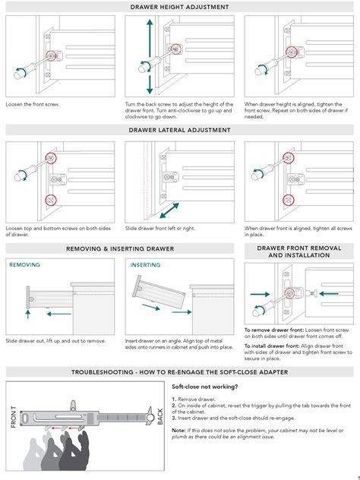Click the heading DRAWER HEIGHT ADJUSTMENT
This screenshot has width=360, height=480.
pos(179,7)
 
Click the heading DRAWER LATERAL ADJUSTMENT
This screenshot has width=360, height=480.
pos(179,130)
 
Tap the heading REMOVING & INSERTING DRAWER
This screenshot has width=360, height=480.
pos(120,248)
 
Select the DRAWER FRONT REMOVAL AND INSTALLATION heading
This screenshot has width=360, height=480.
pos(298,251)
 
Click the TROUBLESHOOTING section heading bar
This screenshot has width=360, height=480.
pos(179,371)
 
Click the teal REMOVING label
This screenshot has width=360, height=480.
pos(24,265)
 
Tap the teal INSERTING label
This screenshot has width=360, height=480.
pos(144,265)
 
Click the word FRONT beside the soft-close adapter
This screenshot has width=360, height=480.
pos(14,416)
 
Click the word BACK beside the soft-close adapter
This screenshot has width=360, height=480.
pos(160,415)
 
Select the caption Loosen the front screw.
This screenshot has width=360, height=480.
pos(33,103)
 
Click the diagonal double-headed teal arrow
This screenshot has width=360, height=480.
pos(169,210)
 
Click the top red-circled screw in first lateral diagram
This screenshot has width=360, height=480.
pos(51,157)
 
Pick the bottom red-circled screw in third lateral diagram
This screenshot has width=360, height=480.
pos(289,201)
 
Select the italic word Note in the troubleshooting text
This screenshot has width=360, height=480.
pos(178,431)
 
